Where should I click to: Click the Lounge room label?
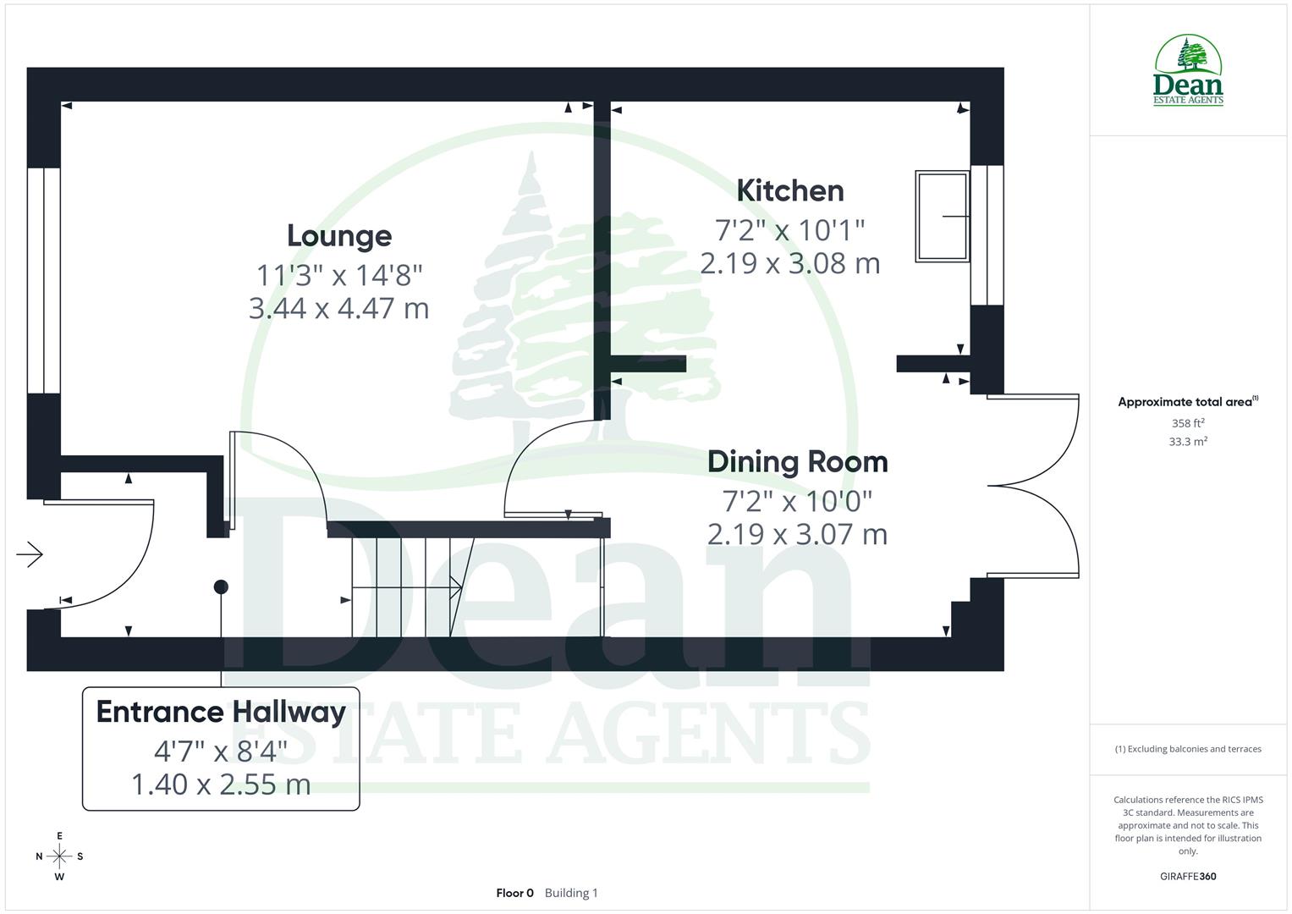[x=339, y=236]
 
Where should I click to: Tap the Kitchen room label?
[x=790, y=191]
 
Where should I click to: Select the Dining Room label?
[x=798, y=462]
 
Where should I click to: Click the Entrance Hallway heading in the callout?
[x=221, y=712]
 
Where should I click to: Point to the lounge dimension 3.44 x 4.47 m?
[x=339, y=308]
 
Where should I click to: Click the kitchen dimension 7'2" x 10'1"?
[x=790, y=229]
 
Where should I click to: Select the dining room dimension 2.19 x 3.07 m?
[x=798, y=534]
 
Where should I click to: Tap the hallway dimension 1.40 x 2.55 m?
[x=221, y=785]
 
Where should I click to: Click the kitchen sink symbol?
[x=943, y=217]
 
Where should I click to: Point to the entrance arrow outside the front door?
[x=30, y=554]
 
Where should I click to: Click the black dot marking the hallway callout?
[x=221, y=586]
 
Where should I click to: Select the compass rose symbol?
[x=59, y=856]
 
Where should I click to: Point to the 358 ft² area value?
[x=1188, y=423]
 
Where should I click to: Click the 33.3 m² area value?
[x=1188, y=442]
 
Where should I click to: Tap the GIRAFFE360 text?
[x=1188, y=877]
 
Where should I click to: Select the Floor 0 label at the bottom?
[x=514, y=893]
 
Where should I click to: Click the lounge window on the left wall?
[x=43, y=280]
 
